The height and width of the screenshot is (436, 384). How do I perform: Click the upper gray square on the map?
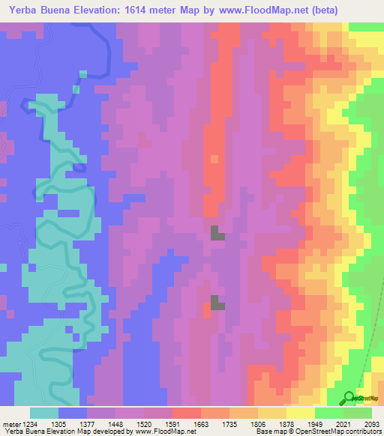coord(215,232)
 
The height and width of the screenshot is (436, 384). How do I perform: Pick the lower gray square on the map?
coord(217,302)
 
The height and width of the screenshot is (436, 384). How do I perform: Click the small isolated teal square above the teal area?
coord(76,89)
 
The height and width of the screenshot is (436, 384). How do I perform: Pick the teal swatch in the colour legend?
coord(44,413)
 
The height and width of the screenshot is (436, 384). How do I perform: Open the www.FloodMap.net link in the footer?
coord(160,432)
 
